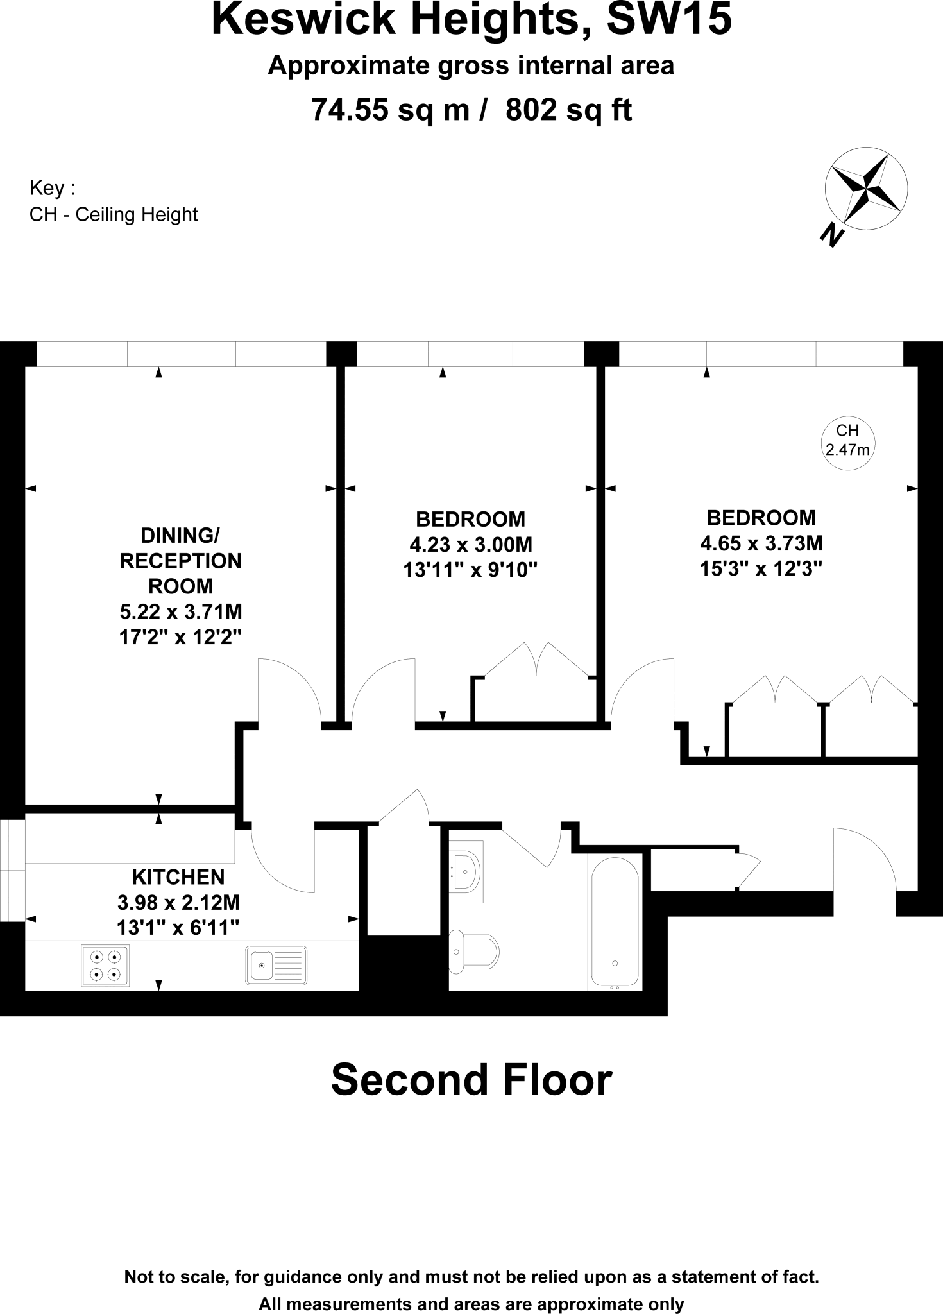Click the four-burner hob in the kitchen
tap(105, 966)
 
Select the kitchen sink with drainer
tap(276, 966)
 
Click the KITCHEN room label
tap(178, 877)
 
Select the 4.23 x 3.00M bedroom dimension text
tap(471, 545)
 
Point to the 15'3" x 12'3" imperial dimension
tap(761, 569)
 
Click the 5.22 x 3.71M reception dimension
tap(180, 611)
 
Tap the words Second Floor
tap(471, 1080)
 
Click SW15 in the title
tap(668, 19)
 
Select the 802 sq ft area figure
tap(569, 110)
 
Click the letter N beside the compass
tap(832, 235)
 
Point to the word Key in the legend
tap(47, 188)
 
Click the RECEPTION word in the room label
tap(180, 561)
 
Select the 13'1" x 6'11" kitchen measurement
tap(178, 927)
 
